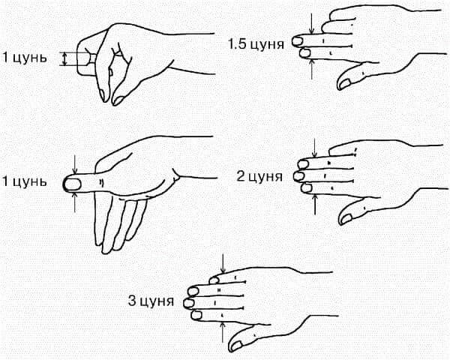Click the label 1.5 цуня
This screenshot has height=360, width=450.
pyautogui.click(x=256, y=44)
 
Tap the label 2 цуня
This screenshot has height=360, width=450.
pyautogui.click(x=259, y=176)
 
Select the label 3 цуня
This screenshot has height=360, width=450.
pyautogui.click(x=151, y=301)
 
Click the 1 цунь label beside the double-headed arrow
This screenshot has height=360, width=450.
pyautogui.click(x=24, y=58)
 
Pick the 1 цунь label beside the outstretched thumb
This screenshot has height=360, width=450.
pyautogui.click(x=24, y=181)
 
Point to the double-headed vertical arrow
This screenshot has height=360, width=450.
pyautogui.click(x=65, y=59)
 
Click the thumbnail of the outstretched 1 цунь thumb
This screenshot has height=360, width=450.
pyautogui.click(x=72, y=184)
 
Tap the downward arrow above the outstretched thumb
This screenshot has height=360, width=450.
pyautogui.click(x=75, y=164)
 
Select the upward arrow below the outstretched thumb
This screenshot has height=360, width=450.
pyautogui.click(x=75, y=202)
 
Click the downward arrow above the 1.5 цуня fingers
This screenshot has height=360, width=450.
pyautogui.click(x=312, y=23)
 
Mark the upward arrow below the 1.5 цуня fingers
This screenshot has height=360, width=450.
pyautogui.click(x=312, y=68)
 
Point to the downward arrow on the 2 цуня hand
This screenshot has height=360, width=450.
pyautogui.click(x=315, y=148)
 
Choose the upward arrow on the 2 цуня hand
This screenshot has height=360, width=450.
pyautogui.click(x=315, y=205)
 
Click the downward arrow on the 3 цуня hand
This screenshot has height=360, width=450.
pyautogui.click(x=223, y=263)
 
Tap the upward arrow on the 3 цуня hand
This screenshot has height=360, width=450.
pyautogui.click(x=223, y=332)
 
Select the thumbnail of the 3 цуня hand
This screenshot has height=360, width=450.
pyautogui.click(x=236, y=345)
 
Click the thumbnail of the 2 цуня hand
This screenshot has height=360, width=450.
pyautogui.click(x=346, y=219)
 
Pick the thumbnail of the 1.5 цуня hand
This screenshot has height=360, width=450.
pyautogui.click(x=344, y=83)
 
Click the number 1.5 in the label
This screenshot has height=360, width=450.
pyautogui.click(x=236, y=44)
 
